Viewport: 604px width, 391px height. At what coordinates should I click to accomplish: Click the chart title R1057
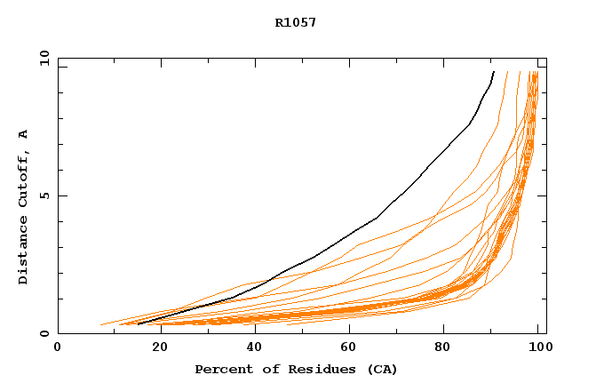click(x=296, y=22)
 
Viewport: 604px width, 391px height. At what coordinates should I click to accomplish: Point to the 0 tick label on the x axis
click(x=58, y=347)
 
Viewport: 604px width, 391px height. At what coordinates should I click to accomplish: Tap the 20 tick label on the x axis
click(x=155, y=347)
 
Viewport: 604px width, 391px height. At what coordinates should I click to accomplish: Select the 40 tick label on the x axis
click(x=253, y=347)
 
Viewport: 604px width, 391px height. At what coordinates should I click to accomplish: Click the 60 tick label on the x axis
click(x=351, y=347)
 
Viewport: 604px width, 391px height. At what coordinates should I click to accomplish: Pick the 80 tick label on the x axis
click(x=449, y=347)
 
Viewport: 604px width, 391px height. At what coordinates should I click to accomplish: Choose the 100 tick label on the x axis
click(x=537, y=347)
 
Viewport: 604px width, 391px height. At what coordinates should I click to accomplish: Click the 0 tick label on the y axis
click(x=44, y=333)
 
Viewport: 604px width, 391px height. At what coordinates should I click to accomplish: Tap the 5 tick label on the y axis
click(x=44, y=195)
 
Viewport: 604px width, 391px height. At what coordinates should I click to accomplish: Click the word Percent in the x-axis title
click(x=219, y=369)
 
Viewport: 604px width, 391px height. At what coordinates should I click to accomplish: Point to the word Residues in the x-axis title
click(x=312, y=369)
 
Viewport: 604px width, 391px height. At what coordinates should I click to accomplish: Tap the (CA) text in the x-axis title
click(x=380, y=369)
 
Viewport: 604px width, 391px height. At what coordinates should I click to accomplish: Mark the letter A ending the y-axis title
click(x=23, y=134)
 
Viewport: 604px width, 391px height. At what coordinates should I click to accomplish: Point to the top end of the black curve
click(x=493, y=72)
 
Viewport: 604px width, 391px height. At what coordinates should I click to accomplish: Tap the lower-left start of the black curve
click(x=139, y=324)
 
